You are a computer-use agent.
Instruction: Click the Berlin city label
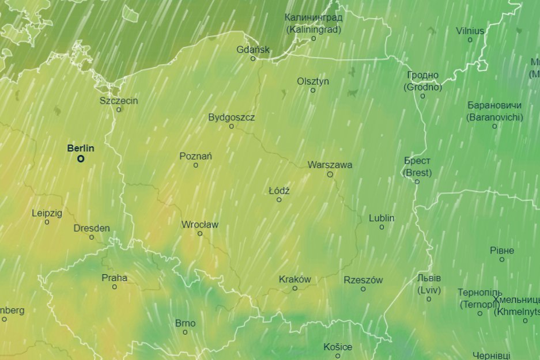pyautogui.click(x=81, y=148)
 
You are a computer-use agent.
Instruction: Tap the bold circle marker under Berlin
pyautogui.click(x=81, y=159)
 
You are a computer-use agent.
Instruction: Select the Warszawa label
pyautogui.click(x=330, y=165)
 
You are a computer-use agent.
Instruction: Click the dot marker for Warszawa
pyautogui.click(x=330, y=174)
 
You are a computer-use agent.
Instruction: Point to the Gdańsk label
pyautogui.click(x=253, y=50)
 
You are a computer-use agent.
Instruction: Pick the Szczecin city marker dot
pyautogui.click(x=119, y=109)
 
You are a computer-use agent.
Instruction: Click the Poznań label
pyautogui.click(x=196, y=156)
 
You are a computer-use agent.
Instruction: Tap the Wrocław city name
pyautogui.click(x=200, y=225)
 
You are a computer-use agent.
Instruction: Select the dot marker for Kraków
pyautogui.click(x=295, y=288)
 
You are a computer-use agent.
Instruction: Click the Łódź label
pyautogui.click(x=279, y=191)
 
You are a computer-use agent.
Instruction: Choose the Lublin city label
pyautogui.click(x=382, y=218)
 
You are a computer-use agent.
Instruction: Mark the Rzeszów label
pyautogui.click(x=363, y=280)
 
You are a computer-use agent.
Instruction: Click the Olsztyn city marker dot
pyautogui.click(x=313, y=90)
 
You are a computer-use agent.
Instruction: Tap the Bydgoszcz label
pyautogui.click(x=231, y=118)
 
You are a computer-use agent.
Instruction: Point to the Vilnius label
pyautogui.click(x=470, y=31)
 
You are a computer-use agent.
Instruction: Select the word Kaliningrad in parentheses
pyautogui.click(x=314, y=29)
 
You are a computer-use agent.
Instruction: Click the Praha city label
pyautogui.click(x=114, y=278)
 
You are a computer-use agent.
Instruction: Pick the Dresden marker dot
pyautogui.click(x=92, y=237)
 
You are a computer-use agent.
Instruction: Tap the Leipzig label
pyautogui.click(x=47, y=213)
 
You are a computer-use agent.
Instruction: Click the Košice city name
pyautogui.click(x=338, y=347)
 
